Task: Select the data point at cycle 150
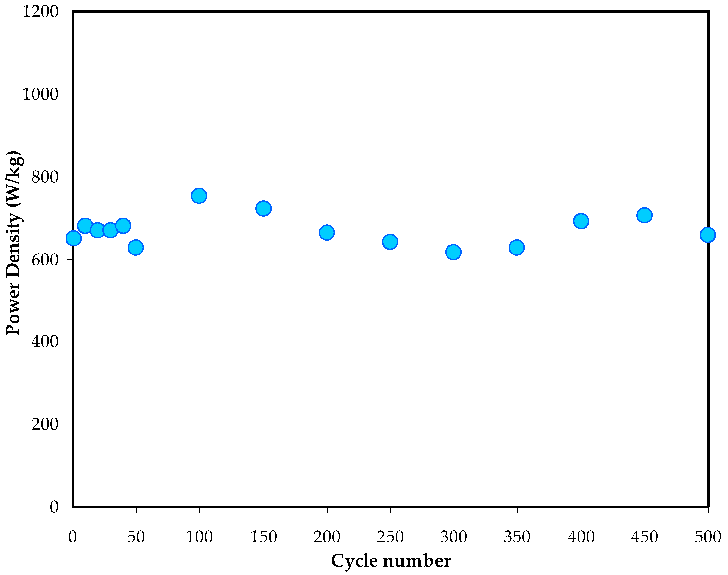click(x=263, y=208)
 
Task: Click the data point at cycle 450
click(x=644, y=215)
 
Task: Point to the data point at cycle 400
click(x=581, y=221)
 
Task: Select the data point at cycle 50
click(x=136, y=247)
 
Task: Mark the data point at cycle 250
click(x=390, y=241)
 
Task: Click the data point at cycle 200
click(x=326, y=232)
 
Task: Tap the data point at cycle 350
click(x=516, y=247)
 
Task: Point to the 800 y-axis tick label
click(x=45, y=177)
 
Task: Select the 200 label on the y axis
click(x=45, y=424)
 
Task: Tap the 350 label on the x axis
click(x=517, y=537)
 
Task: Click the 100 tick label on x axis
click(x=199, y=537)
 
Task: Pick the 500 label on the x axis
click(x=708, y=537)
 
